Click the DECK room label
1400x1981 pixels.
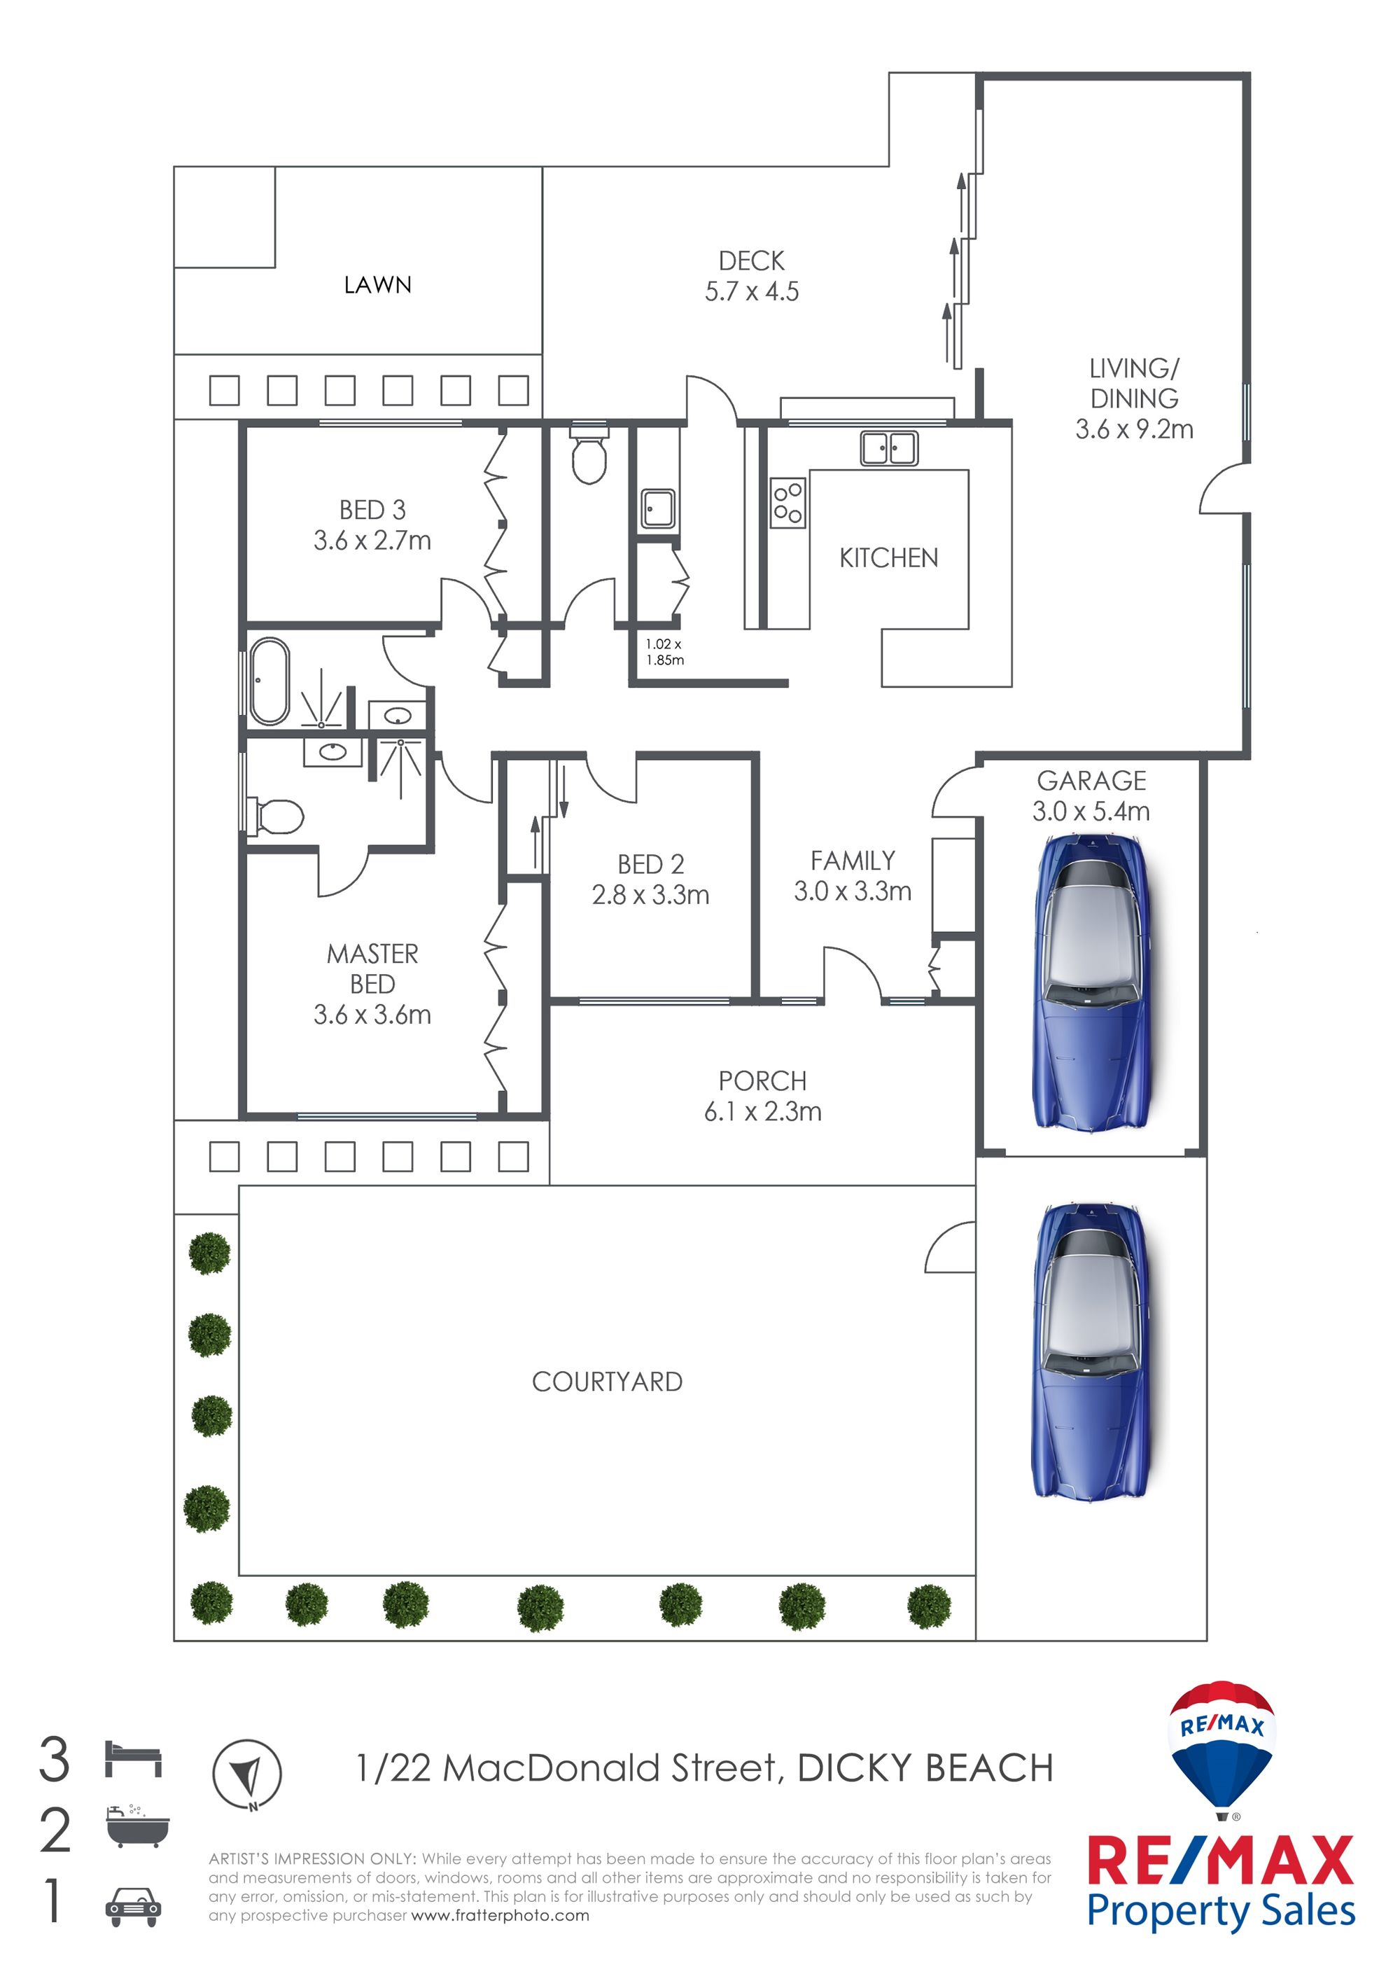point(751,260)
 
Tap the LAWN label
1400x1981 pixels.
point(378,285)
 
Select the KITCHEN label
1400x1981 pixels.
point(888,558)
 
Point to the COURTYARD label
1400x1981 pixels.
point(608,1382)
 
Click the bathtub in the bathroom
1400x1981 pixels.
point(269,681)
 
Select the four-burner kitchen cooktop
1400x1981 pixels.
point(787,503)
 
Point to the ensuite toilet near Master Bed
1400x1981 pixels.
point(276,816)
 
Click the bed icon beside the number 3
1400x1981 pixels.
point(134,1758)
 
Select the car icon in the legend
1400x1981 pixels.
point(133,1907)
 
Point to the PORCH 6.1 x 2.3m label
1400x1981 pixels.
point(762,1096)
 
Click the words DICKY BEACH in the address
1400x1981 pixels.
point(925,1768)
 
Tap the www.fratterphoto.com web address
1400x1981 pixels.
point(500,1915)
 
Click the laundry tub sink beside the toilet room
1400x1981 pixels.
point(658,509)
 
